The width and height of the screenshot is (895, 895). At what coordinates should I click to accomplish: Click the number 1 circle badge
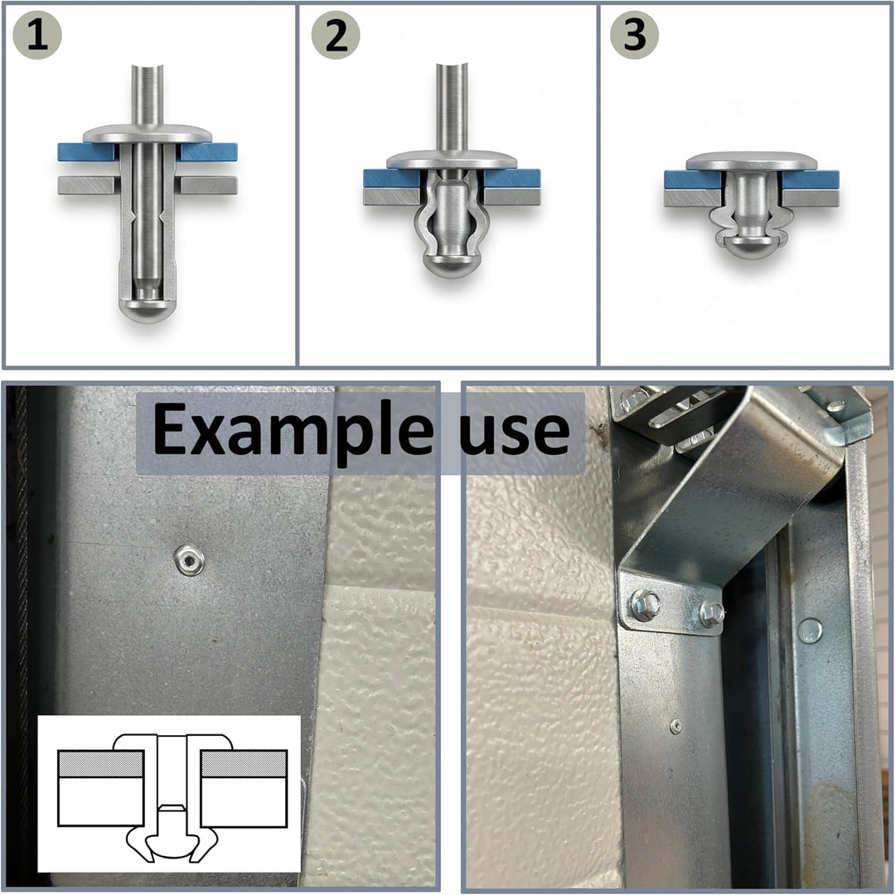(x=37, y=35)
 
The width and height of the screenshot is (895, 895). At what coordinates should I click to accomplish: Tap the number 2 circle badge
(x=336, y=35)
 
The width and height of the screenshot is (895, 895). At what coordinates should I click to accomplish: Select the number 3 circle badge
(x=634, y=35)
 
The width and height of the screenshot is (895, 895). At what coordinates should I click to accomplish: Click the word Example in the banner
(x=293, y=432)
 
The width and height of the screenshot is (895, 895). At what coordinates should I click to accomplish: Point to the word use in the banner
(x=515, y=432)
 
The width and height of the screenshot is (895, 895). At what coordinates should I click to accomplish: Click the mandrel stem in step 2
(x=452, y=109)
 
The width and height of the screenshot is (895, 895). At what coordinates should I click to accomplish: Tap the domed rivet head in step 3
(x=751, y=161)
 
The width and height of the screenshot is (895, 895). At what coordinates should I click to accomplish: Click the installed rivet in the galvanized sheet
(x=189, y=559)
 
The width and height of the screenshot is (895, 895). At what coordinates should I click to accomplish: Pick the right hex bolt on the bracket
(x=712, y=613)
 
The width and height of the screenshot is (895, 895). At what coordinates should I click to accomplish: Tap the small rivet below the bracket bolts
(x=676, y=725)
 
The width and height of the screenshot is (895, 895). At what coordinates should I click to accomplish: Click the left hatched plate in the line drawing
(x=100, y=764)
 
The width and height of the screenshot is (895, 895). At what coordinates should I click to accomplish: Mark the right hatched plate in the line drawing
(x=244, y=764)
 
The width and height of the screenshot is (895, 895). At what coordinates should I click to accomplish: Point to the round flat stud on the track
(x=810, y=631)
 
